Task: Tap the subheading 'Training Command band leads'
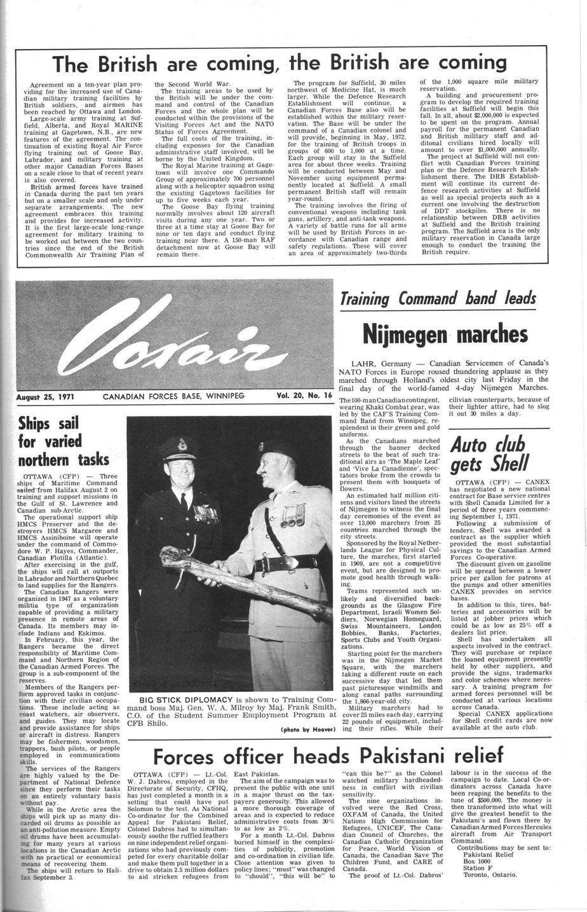tap(438, 298)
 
